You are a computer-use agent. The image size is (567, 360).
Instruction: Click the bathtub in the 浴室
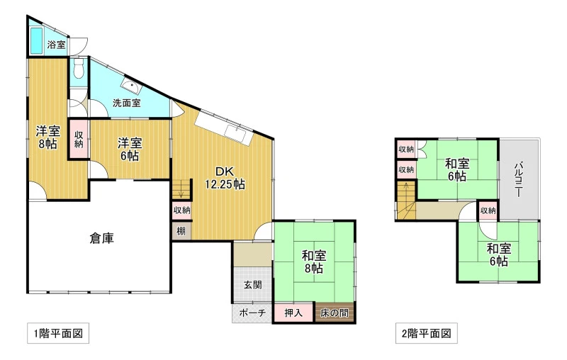click(36, 40)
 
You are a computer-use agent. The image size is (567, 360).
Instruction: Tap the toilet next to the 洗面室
click(78, 68)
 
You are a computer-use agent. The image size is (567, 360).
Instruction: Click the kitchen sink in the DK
click(235, 132)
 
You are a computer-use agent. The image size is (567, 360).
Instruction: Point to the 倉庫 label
click(102, 238)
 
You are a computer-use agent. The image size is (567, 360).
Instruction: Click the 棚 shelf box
click(181, 231)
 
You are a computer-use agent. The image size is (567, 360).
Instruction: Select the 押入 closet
click(293, 313)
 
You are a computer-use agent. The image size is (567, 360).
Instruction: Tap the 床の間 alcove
click(334, 313)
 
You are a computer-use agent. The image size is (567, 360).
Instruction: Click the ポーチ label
click(253, 313)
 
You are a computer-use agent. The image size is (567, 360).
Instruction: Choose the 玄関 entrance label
click(252, 285)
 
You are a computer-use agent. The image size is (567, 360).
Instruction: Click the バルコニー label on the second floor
click(519, 179)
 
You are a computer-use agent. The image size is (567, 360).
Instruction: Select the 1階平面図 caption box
click(58, 333)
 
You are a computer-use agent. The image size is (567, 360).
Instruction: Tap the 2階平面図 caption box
click(427, 333)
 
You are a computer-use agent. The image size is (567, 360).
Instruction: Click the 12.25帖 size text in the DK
click(225, 184)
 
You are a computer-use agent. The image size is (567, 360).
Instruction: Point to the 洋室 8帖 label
click(47, 137)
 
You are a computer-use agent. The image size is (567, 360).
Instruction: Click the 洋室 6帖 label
click(130, 150)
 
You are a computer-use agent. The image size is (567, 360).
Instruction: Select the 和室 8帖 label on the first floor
click(314, 261)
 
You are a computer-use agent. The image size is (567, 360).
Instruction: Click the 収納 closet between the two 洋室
click(79, 139)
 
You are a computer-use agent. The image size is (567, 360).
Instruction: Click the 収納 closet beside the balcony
click(488, 210)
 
